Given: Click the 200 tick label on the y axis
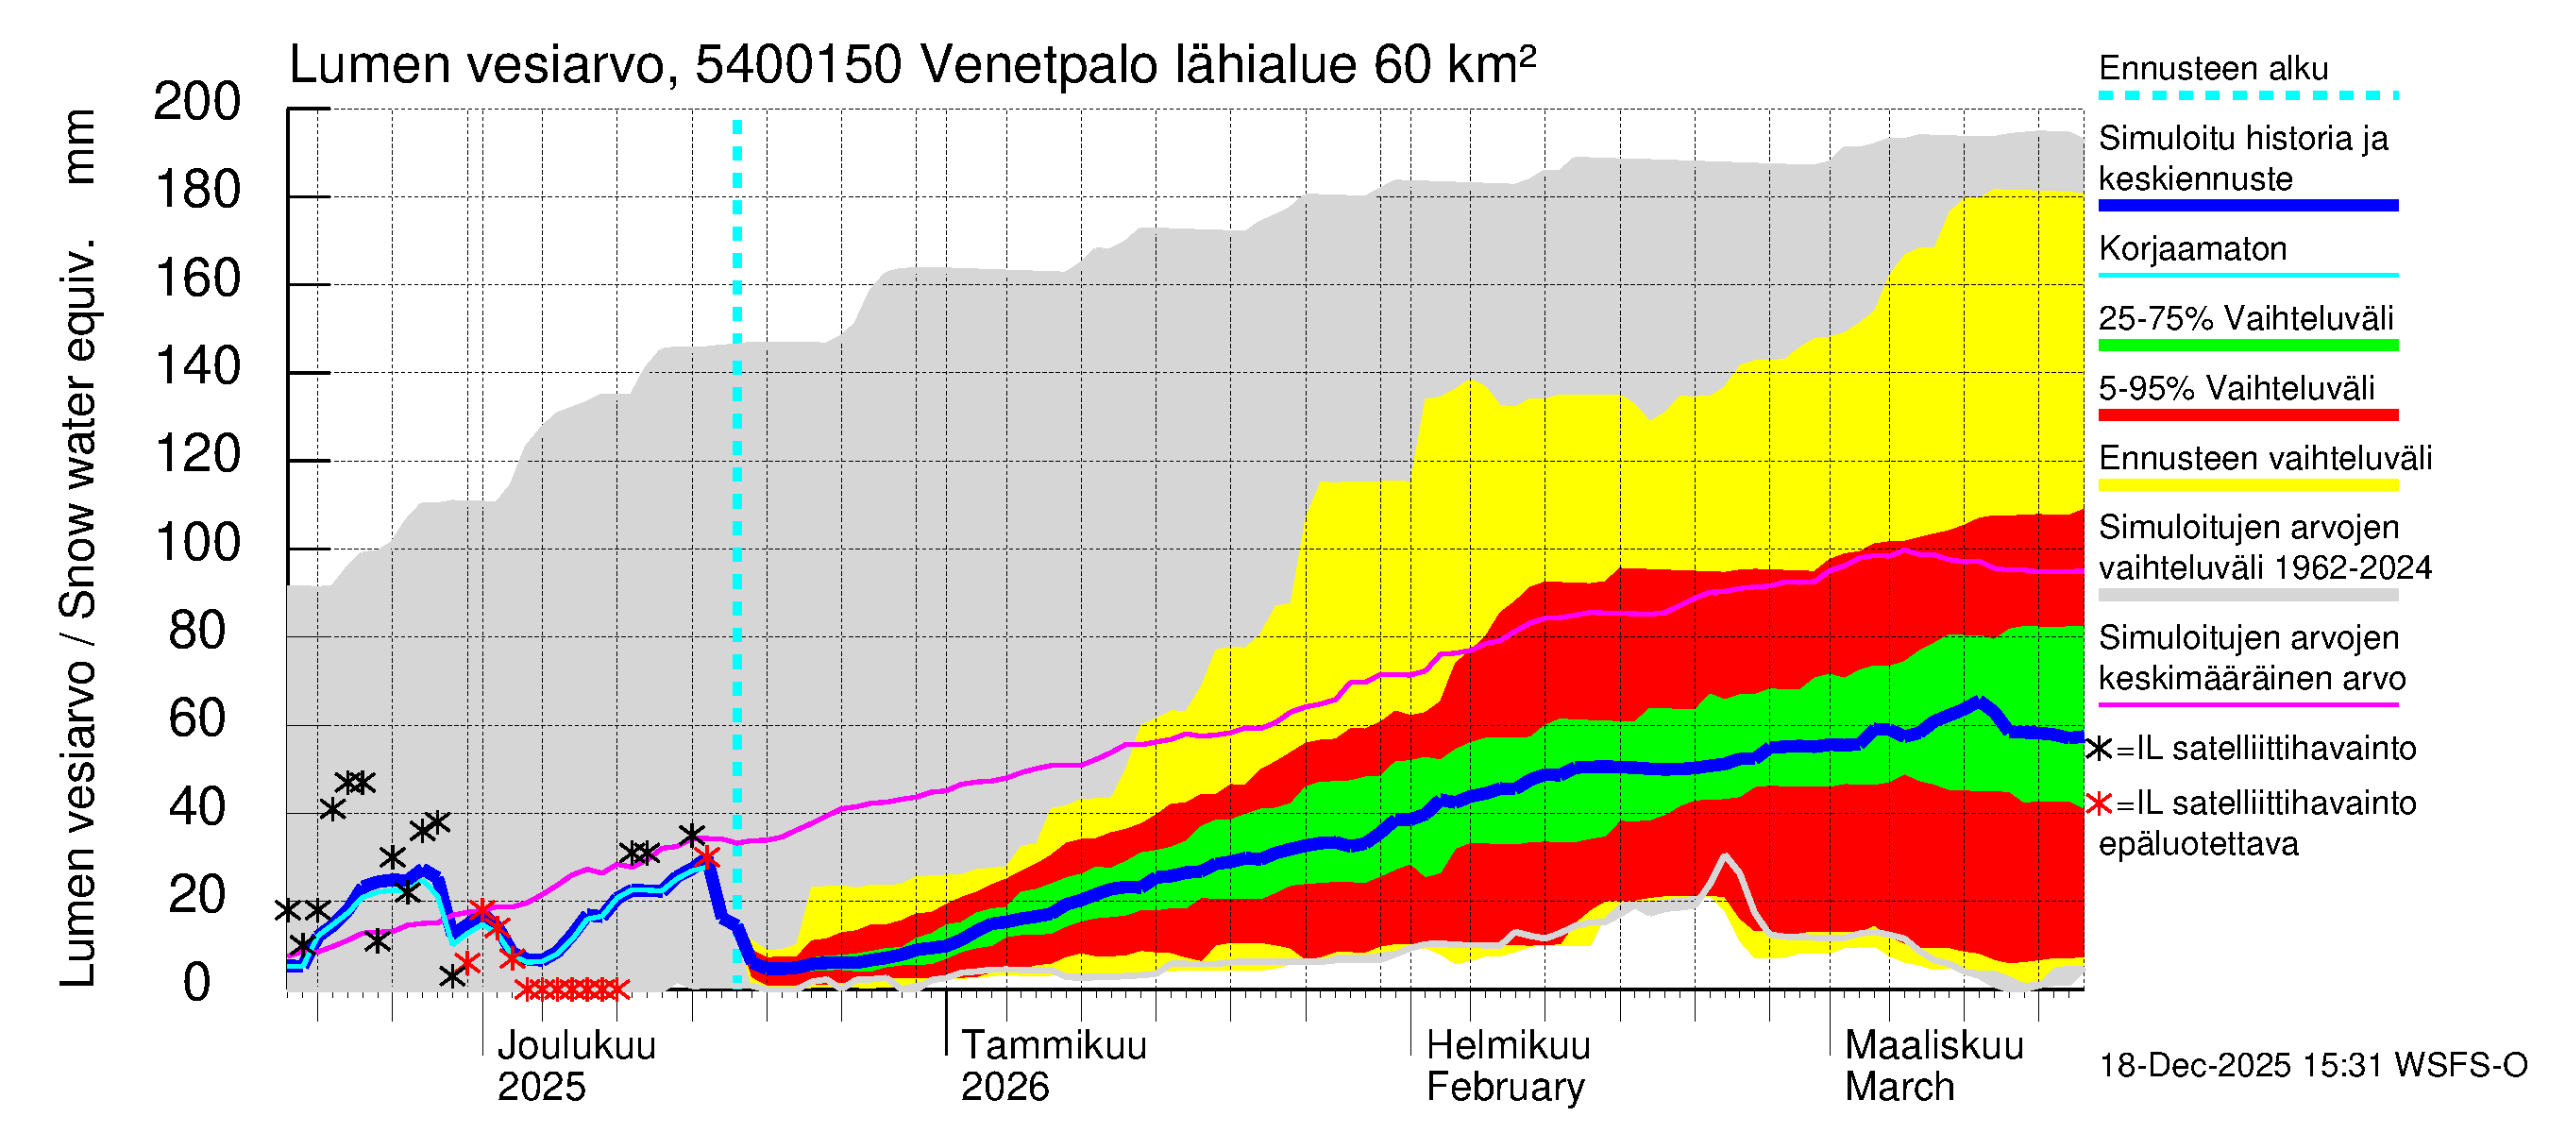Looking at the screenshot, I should click(197, 102).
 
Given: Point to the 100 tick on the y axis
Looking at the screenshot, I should click(197, 543).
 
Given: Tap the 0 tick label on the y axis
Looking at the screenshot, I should click(197, 983).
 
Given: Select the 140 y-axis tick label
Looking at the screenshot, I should click(197, 367).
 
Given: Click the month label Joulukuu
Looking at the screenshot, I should click(576, 1045).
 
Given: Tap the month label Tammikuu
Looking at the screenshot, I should click(1054, 1045).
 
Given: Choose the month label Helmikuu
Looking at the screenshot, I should click(1508, 1045).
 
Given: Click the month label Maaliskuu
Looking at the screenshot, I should click(1933, 1045).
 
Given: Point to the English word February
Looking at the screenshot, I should click(1505, 1087).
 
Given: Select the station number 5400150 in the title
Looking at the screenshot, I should click(798, 65).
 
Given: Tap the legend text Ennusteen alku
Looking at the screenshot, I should click(2213, 68).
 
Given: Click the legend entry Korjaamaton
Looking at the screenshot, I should click(2192, 248).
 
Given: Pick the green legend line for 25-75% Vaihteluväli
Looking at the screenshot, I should click(2247, 346).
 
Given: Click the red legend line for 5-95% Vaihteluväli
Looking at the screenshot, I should click(2247, 415).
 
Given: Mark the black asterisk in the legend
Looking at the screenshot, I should click(2099, 749).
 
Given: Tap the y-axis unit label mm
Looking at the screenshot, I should click(78, 146).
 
